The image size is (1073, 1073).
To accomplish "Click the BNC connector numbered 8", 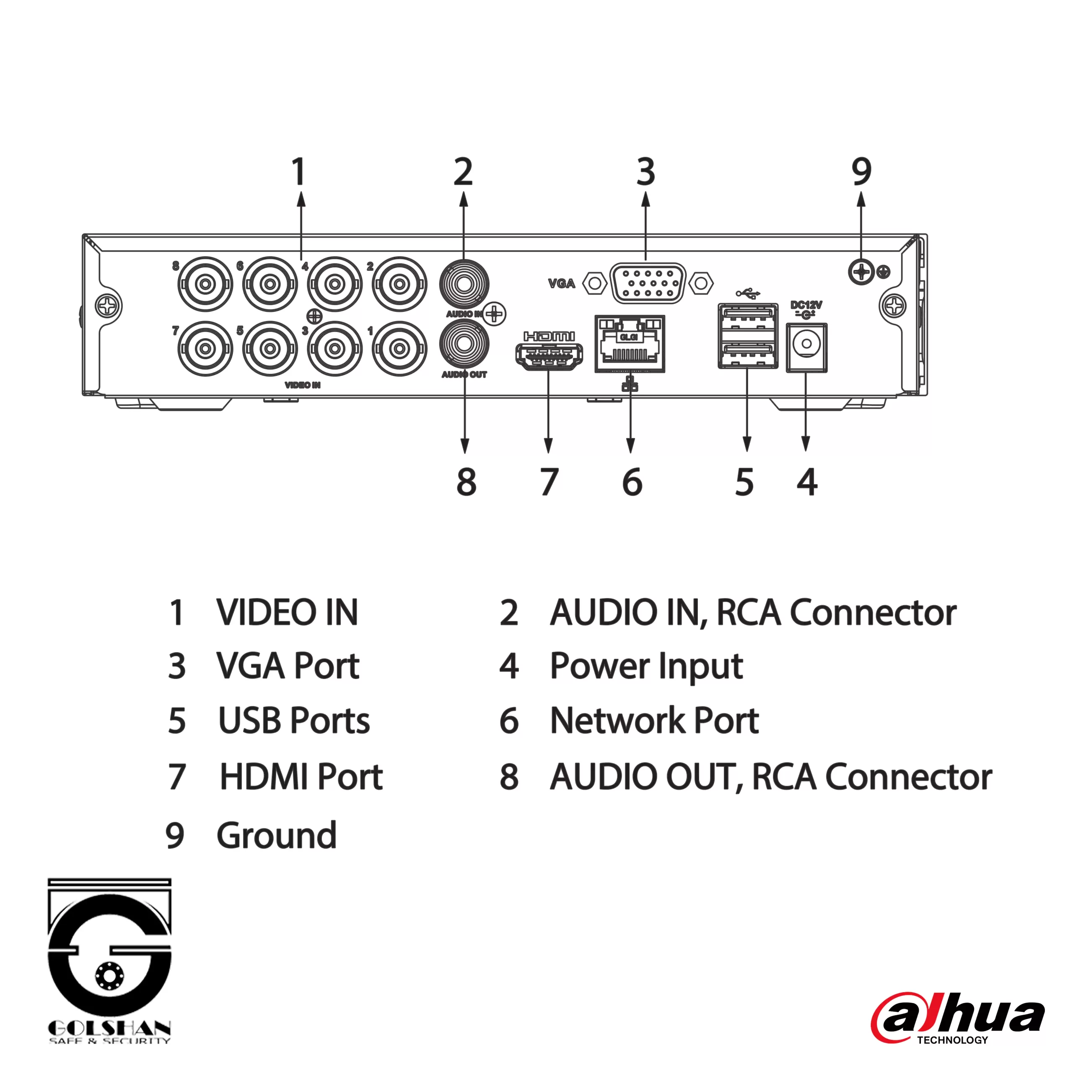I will pyautogui.click(x=205, y=284).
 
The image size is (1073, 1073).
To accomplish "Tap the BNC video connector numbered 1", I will pyautogui.click(x=399, y=349).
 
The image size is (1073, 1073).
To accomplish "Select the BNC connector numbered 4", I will pyautogui.click(x=334, y=284).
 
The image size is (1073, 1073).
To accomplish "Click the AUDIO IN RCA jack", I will pyautogui.click(x=464, y=284).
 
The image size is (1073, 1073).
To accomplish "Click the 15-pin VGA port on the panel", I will pyautogui.click(x=648, y=283).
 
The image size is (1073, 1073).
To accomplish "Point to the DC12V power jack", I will pyautogui.click(x=806, y=347).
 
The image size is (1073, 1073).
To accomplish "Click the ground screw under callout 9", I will pyautogui.click(x=861, y=272).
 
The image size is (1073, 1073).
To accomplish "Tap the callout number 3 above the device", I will pyautogui.click(x=645, y=172).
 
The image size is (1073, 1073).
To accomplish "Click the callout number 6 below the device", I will pyautogui.click(x=632, y=482).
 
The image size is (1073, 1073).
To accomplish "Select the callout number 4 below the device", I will pyautogui.click(x=807, y=482).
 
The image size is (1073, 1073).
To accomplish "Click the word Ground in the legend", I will pyautogui.click(x=277, y=835).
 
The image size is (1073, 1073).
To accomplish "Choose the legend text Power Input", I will pyautogui.click(x=646, y=666).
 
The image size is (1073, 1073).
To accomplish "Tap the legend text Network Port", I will pyautogui.click(x=654, y=721).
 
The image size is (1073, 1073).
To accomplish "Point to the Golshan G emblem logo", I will pyautogui.click(x=109, y=950).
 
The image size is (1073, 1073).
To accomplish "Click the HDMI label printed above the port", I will pyautogui.click(x=549, y=336).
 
